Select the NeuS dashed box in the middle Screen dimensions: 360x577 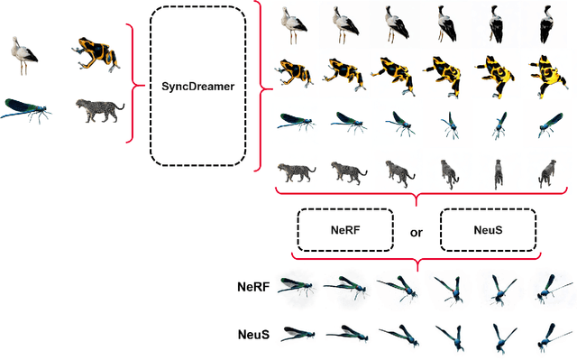[x=487, y=231]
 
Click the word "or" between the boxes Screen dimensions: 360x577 [x=416, y=232]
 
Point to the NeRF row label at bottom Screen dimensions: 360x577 [x=252, y=288]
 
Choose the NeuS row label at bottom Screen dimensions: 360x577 [x=253, y=334]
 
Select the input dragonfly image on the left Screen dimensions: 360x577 [x=27, y=112]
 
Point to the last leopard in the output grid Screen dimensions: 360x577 [x=546, y=171]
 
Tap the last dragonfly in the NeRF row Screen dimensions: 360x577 [x=546, y=291]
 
